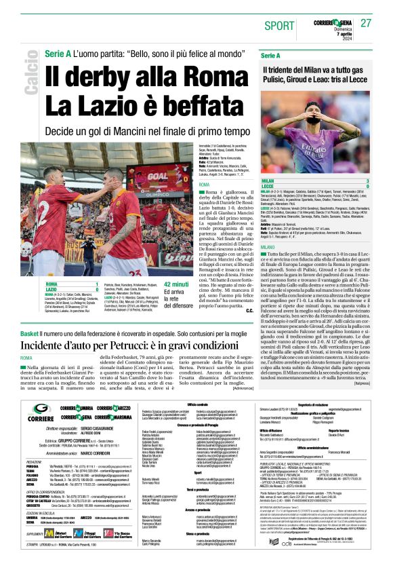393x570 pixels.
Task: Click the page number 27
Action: [x=366, y=22]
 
